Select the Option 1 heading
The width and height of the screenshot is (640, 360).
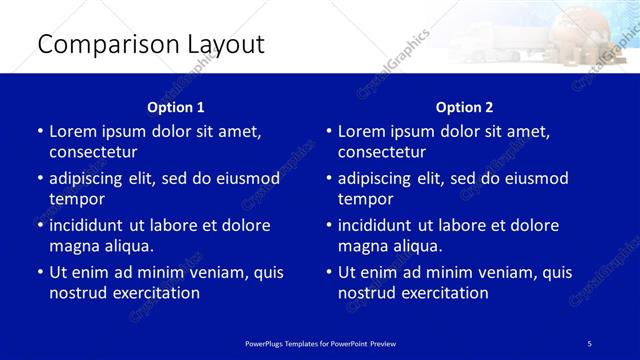tap(175, 107)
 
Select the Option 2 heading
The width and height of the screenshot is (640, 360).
tap(464, 107)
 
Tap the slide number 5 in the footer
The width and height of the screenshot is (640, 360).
tap(590, 343)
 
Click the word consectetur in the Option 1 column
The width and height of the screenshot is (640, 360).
tap(93, 152)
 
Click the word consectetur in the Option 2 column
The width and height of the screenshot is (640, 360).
tap(382, 152)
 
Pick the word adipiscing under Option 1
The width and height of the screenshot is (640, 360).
tap(91, 179)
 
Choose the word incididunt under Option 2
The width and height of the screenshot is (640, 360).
tap(379, 225)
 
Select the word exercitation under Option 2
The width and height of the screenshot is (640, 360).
tap(444, 293)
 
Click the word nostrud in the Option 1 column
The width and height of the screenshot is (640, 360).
tap(77, 293)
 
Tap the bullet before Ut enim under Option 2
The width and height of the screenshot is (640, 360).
tap(329, 272)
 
